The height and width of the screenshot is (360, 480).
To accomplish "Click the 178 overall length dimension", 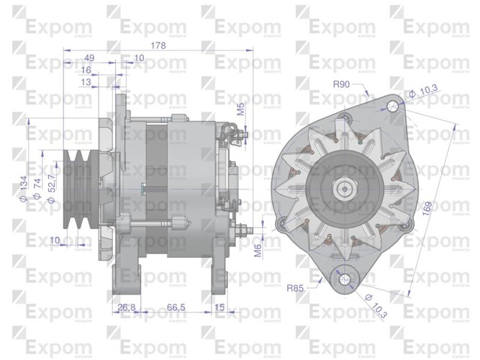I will coord(158,45).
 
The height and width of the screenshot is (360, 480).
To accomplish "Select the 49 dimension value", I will coord(90,58).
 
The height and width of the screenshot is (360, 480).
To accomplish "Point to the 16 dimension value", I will coord(86,71).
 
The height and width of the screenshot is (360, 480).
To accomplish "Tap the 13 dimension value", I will coord(86,83).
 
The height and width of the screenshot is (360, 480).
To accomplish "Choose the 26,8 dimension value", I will coord(127,308).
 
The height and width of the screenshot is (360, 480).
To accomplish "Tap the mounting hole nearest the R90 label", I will coord(391,106).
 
